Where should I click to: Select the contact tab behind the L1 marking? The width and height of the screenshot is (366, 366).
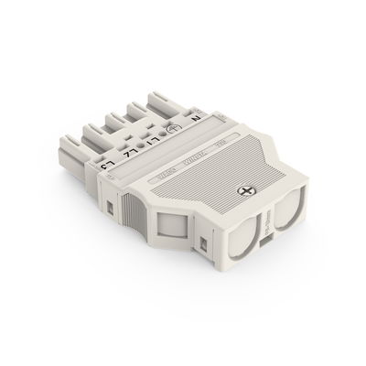146,113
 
